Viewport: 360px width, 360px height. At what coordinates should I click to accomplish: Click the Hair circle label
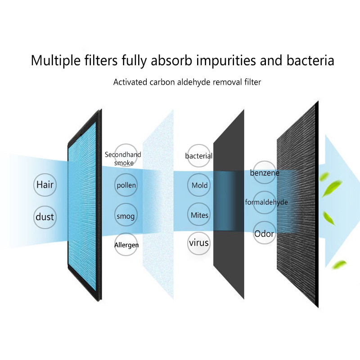click(x=45, y=184)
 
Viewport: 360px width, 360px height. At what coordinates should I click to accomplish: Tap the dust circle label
click(x=45, y=217)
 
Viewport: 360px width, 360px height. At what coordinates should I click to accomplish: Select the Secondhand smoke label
click(x=123, y=158)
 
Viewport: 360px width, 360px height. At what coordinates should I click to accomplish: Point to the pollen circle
click(x=126, y=185)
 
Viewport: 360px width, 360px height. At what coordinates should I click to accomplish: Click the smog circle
click(x=126, y=216)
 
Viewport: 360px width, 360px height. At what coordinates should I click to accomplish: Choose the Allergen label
click(x=126, y=245)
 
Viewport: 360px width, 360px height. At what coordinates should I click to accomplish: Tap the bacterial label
click(x=199, y=156)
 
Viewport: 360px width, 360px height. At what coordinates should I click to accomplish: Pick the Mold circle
click(x=199, y=185)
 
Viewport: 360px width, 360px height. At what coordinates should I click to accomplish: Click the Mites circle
click(x=199, y=215)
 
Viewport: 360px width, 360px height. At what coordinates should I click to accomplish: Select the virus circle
click(x=199, y=243)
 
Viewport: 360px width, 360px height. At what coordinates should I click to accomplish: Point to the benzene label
click(x=265, y=173)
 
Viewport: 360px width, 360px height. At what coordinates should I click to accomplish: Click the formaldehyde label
click(x=266, y=202)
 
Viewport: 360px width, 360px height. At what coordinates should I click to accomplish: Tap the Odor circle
click(x=264, y=234)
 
